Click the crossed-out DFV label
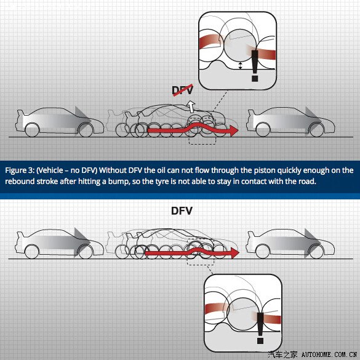(183, 90)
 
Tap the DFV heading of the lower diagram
(182, 210)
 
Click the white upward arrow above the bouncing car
(191, 106)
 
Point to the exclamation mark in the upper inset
(255, 66)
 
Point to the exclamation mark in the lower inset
(260, 328)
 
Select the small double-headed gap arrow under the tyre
(240, 65)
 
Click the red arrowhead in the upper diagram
(234, 130)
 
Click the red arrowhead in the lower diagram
(234, 253)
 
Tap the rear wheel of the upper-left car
(32, 130)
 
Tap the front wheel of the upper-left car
(86, 130)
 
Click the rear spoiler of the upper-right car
(251, 113)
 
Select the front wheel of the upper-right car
(317, 130)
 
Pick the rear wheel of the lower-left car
(31, 252)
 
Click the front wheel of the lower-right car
(316, 252)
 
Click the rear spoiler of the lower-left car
(20, 235)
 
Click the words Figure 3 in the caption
(20, 170)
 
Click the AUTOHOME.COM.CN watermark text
(329, 354)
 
